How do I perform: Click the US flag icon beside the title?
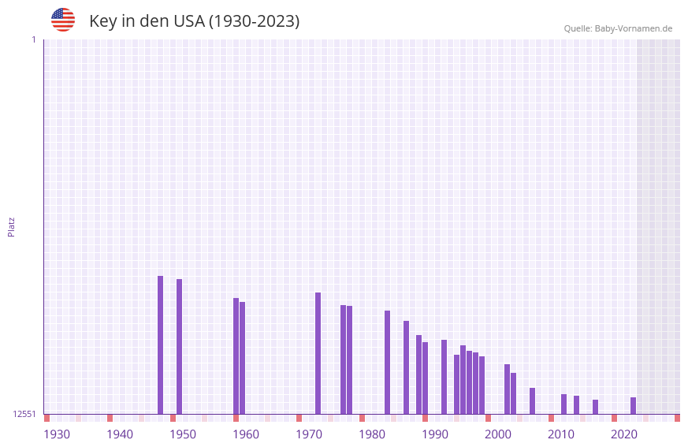tap(63, 20)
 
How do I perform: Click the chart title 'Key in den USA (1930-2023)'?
tap(194, 21)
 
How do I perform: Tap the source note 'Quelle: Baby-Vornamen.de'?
tap(618, 28)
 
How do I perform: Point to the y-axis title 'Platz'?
tap(11, 226)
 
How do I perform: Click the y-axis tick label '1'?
tap(33, 39)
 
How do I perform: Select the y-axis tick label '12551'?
tap(24, 414)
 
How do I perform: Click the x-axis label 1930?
tap(57, 434)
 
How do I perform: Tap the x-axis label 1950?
tap(183, 434)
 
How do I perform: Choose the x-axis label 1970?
tap(309, 434)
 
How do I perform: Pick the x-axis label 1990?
tap(435, 434)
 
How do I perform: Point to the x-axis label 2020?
tap(624, 434)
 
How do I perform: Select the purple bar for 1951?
tap(179, 346)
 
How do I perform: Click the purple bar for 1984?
tap(387, 362)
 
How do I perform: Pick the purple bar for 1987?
tap(406, 367)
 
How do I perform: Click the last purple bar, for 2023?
tap(633, 405)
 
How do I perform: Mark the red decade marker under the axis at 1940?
tap(110, 418)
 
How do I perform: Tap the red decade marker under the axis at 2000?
tap(488, 418)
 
